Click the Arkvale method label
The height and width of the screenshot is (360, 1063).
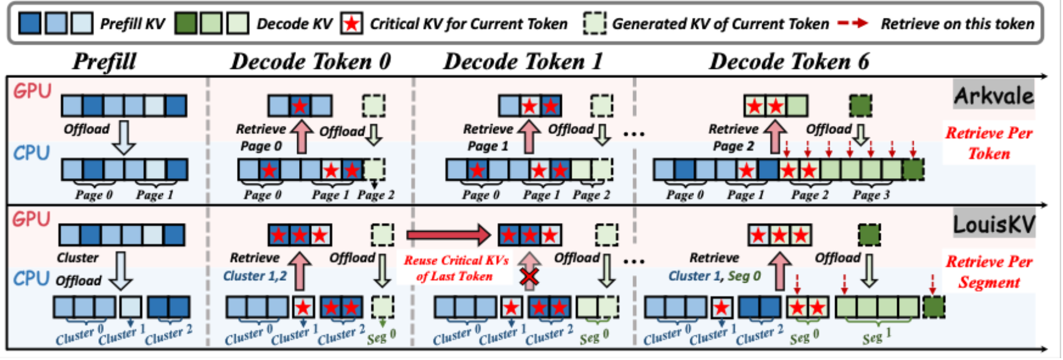[993, 96]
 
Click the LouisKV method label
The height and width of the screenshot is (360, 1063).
[993, 225]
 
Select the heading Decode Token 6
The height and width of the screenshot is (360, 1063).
[789, 62]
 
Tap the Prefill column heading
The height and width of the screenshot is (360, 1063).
[104, 62]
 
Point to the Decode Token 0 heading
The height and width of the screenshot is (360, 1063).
[310, 62]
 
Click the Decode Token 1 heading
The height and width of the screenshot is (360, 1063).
[523, 62]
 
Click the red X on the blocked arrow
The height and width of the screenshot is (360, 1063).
[529, 278]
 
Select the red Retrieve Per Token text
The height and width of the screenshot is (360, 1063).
[989, 143]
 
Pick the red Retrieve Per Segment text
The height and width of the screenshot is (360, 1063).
[989, 272]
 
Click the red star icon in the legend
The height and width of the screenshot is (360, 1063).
[351, 24]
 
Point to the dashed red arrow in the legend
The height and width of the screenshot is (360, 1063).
[854, 23]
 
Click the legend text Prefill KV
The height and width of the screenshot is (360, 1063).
[133, 24]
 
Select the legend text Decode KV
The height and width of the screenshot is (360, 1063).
[294, 24]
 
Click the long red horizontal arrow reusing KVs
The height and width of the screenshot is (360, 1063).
[448, 235]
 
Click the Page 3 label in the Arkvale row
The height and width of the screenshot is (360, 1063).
[871, 195]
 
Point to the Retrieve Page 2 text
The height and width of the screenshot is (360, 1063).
[733, 138]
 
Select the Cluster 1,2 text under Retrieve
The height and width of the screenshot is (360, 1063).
[255, 276]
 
